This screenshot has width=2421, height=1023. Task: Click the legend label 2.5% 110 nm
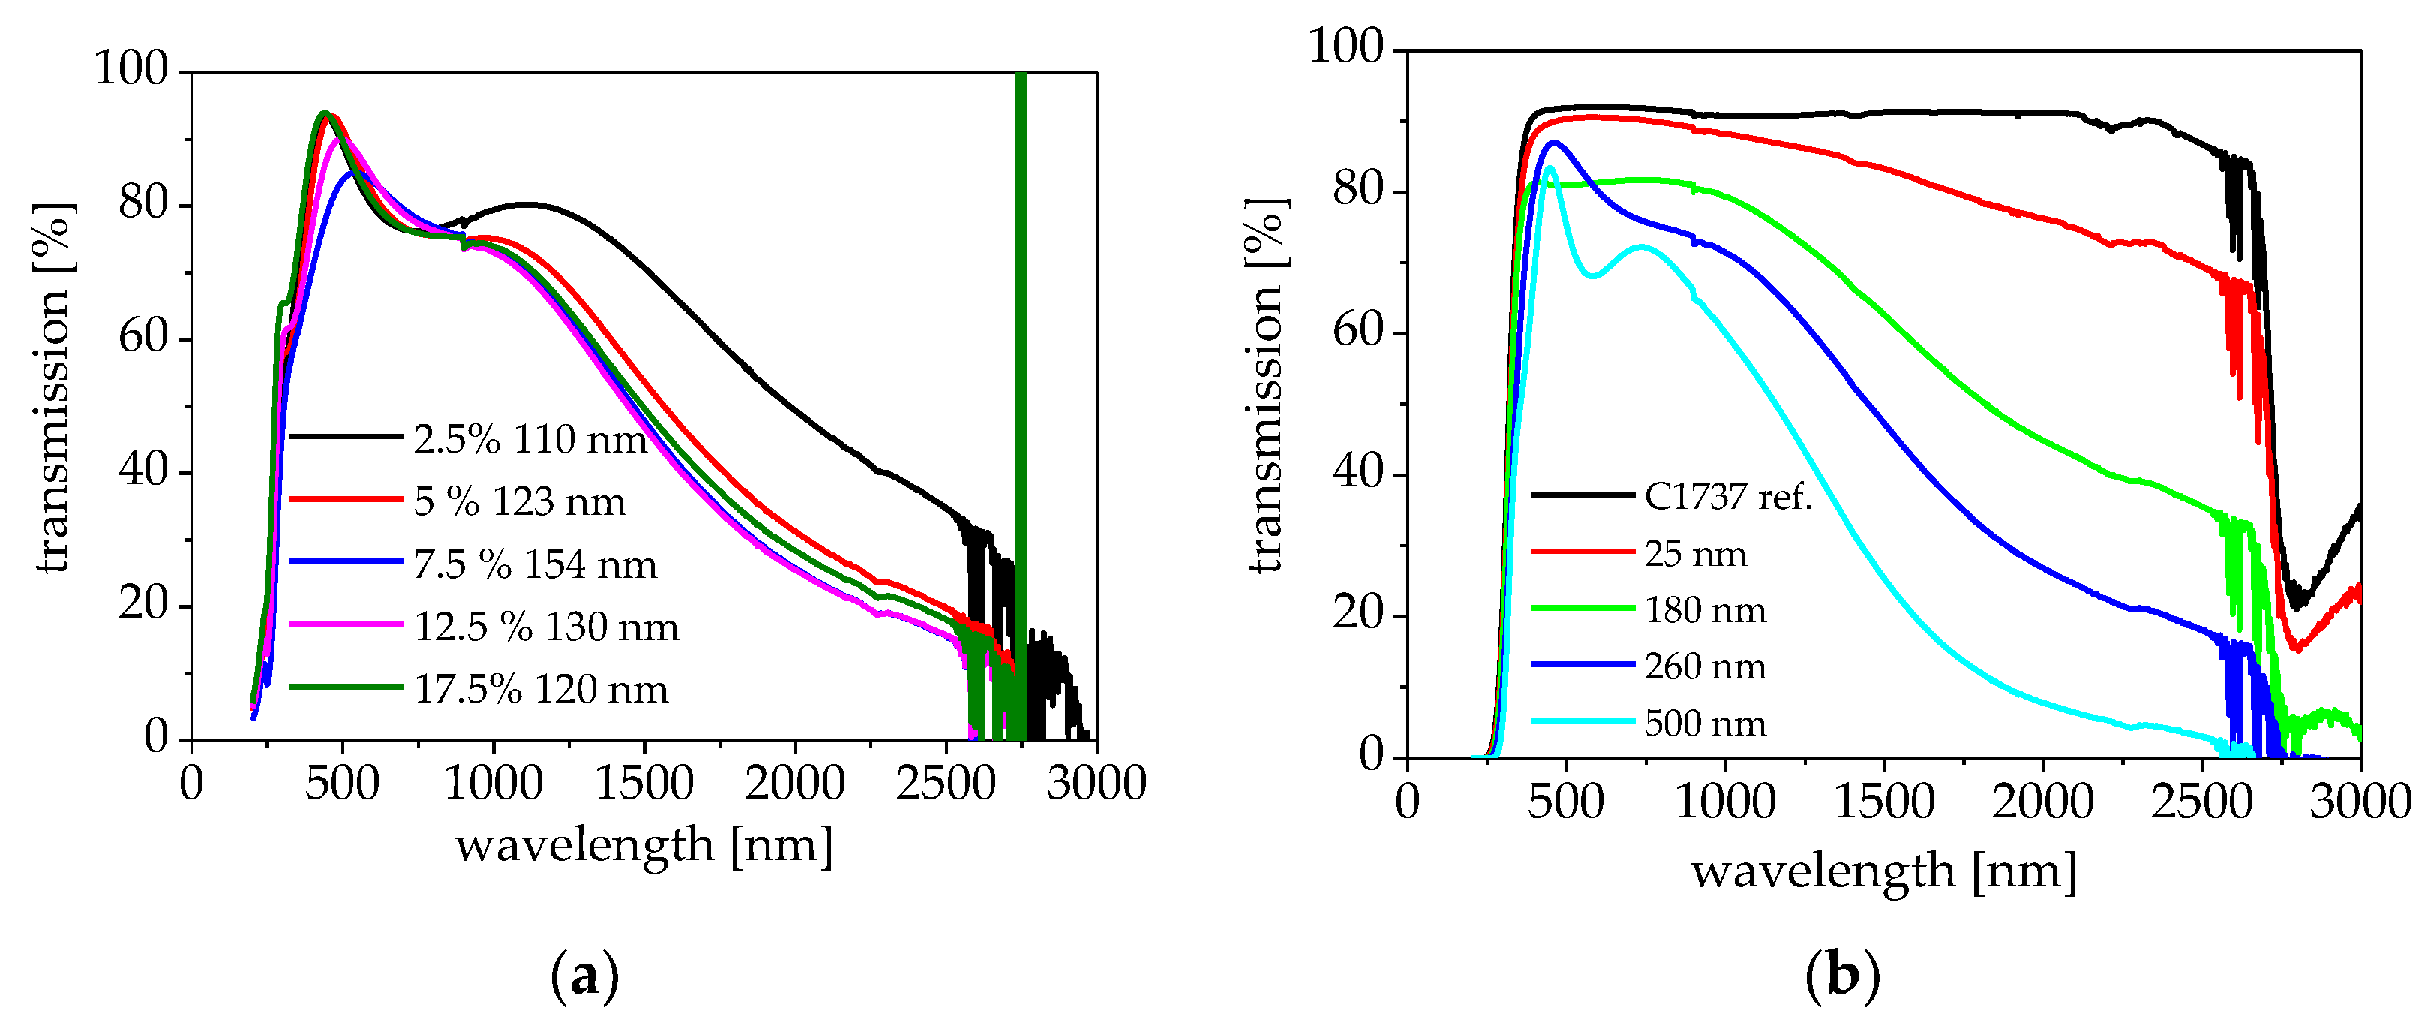click(x=530, y=440)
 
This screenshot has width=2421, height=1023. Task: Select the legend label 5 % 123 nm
click(x=519, y=502)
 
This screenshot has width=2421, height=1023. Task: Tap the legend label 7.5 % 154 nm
click(x=535, y=565)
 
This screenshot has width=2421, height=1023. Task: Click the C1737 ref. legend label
click(x=1727, y=496)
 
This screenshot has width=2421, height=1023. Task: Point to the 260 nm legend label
click(x=1705, y=666)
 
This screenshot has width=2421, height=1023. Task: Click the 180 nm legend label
click(x=1705, y=610)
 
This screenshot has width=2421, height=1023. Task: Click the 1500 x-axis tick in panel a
click(x=643, y=784)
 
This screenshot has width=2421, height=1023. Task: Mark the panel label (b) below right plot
click(x=1842, y=976)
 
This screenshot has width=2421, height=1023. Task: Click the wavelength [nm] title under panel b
click(x=1883, y=871)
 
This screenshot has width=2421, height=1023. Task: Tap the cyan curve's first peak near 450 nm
click(x=1549, y=168)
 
